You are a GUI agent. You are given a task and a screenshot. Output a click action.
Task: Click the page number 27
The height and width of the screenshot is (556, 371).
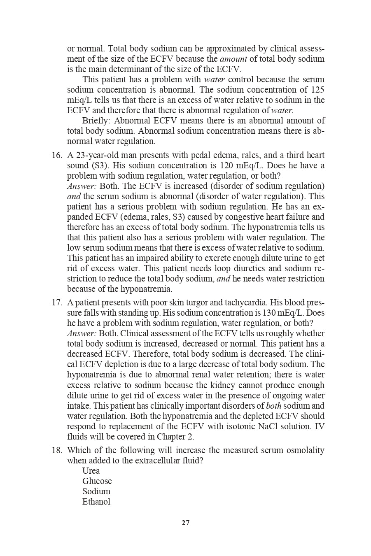(185, 523)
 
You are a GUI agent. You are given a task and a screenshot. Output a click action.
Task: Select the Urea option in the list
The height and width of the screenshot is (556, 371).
(91, 471)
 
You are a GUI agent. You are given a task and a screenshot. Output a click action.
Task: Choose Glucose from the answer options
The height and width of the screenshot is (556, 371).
(97, 481)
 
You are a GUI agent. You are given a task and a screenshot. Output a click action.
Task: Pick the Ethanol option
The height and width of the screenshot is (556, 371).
(96, 502)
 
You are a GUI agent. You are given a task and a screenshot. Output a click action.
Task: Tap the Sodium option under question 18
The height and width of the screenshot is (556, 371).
(96, 491)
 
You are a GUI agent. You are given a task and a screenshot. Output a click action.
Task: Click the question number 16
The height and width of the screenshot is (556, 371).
(56, 156)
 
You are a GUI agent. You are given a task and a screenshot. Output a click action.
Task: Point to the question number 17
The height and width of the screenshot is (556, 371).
(56, 303)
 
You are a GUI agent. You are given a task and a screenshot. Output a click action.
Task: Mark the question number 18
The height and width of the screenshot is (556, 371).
(56, 450)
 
